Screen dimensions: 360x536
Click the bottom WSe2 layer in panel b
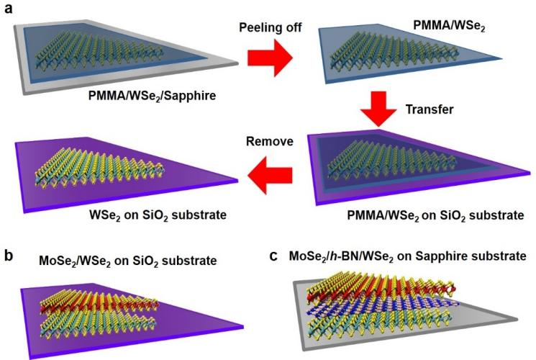click(x=108, y=323)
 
